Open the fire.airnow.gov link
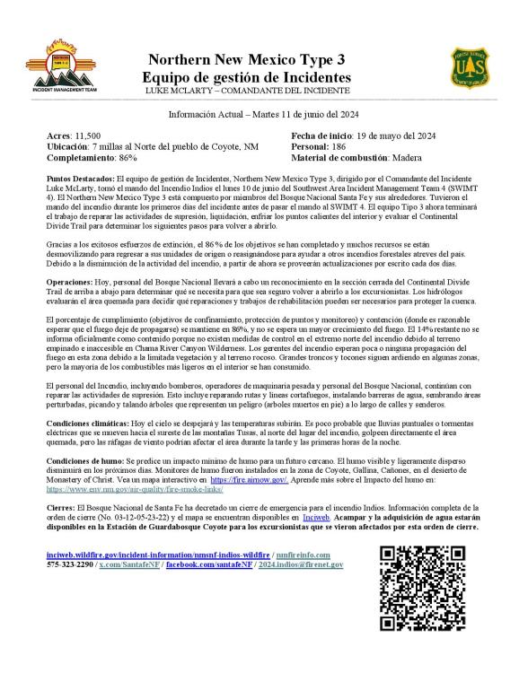pos(249,481)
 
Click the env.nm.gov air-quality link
pos(135,490)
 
